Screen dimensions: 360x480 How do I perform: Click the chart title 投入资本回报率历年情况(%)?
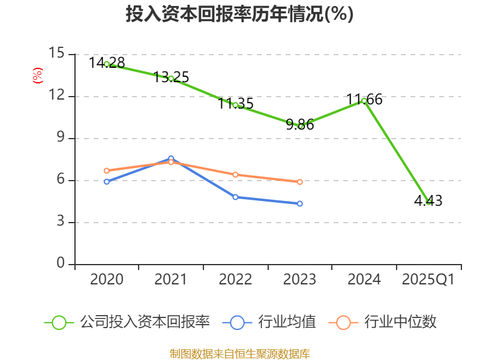[x=239, y=14]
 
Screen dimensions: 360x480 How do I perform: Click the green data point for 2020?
[x=107, y=64]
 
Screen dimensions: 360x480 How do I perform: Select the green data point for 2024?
[x=364, y=100]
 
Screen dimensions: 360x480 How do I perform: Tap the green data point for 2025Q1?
[x=428, y=202]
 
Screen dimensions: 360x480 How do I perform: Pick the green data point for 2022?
[x=235, y=105]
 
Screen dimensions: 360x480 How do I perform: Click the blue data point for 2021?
[x=171, y=158]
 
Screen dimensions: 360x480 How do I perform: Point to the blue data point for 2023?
[x=300, y=203]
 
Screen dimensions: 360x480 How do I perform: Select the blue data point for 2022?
[x=235, y=197]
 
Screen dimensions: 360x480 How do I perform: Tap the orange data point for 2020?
[x=107, y=170]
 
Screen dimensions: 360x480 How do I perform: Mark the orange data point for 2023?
[x=300, y=182]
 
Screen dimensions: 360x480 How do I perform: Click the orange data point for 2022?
[x=235, y=175]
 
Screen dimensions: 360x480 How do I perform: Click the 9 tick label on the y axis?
[x=61, y=138]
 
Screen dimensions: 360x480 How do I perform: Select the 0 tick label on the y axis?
[x=61, y=264]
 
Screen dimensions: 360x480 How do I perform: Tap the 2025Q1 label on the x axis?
[x=428, y=280]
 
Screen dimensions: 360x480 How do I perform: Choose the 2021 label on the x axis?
[x=171, y=280]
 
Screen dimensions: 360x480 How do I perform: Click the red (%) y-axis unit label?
[x=37, y=76]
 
